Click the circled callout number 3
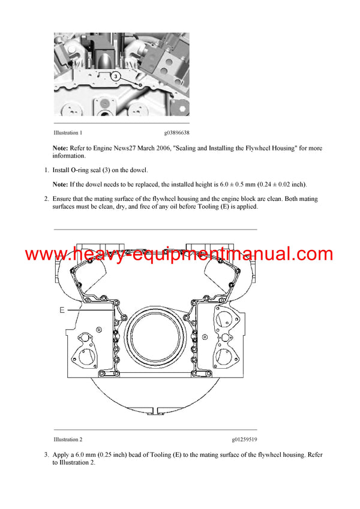point(116,76)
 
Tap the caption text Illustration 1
point(68,132)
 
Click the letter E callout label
point(62,310)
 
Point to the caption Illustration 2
point(68,439)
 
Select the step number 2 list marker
point(46,198)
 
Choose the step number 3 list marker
point(46,455)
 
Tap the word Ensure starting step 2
point(65,198)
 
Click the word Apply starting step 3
point(63,455)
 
